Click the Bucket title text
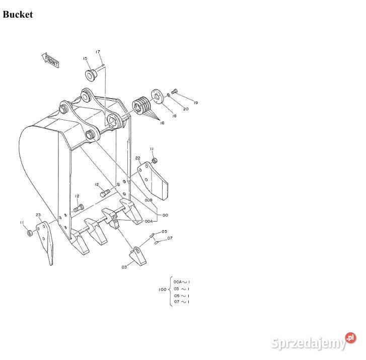tap(18, 15)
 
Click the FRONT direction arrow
tap(51, 60)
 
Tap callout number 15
tap(85, 58)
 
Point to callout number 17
tap(98, 52)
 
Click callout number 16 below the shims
tap(162, 122)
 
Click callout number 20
tap(186, 109)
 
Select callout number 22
tap(137, 158)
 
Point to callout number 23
tap(38, 215)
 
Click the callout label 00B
tap(149, 200)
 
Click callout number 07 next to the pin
tap(170, 238)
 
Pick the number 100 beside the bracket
tap(162, 290)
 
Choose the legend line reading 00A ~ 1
tap(182, 282)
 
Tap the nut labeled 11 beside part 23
tap(29, 233)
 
